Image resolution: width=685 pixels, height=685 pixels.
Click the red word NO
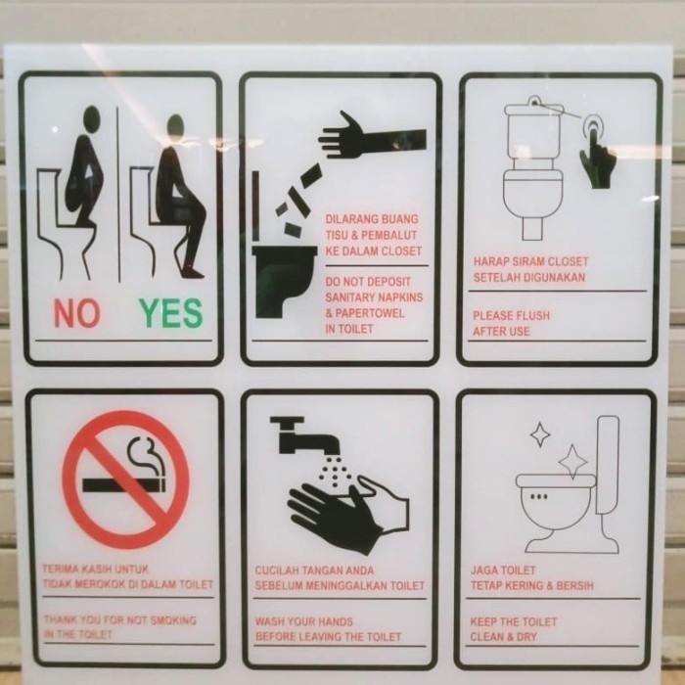[76, 312]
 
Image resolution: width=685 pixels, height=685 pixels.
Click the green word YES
[170, 312]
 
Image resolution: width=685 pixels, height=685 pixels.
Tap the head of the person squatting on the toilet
[91, 119]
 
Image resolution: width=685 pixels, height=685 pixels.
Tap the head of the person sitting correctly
[175, 126]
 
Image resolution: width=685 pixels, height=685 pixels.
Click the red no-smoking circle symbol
[125, 479]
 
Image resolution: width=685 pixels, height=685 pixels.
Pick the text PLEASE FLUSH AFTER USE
[511, 324]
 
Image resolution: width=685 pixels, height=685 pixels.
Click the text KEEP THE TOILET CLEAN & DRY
[514, 628]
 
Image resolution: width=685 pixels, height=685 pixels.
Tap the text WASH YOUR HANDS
[304, 621]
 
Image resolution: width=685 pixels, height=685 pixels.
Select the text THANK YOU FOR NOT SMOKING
[119, 620]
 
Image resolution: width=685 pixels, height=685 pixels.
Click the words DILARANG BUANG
[372, 219]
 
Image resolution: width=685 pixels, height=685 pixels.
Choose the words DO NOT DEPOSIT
[367, 282]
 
